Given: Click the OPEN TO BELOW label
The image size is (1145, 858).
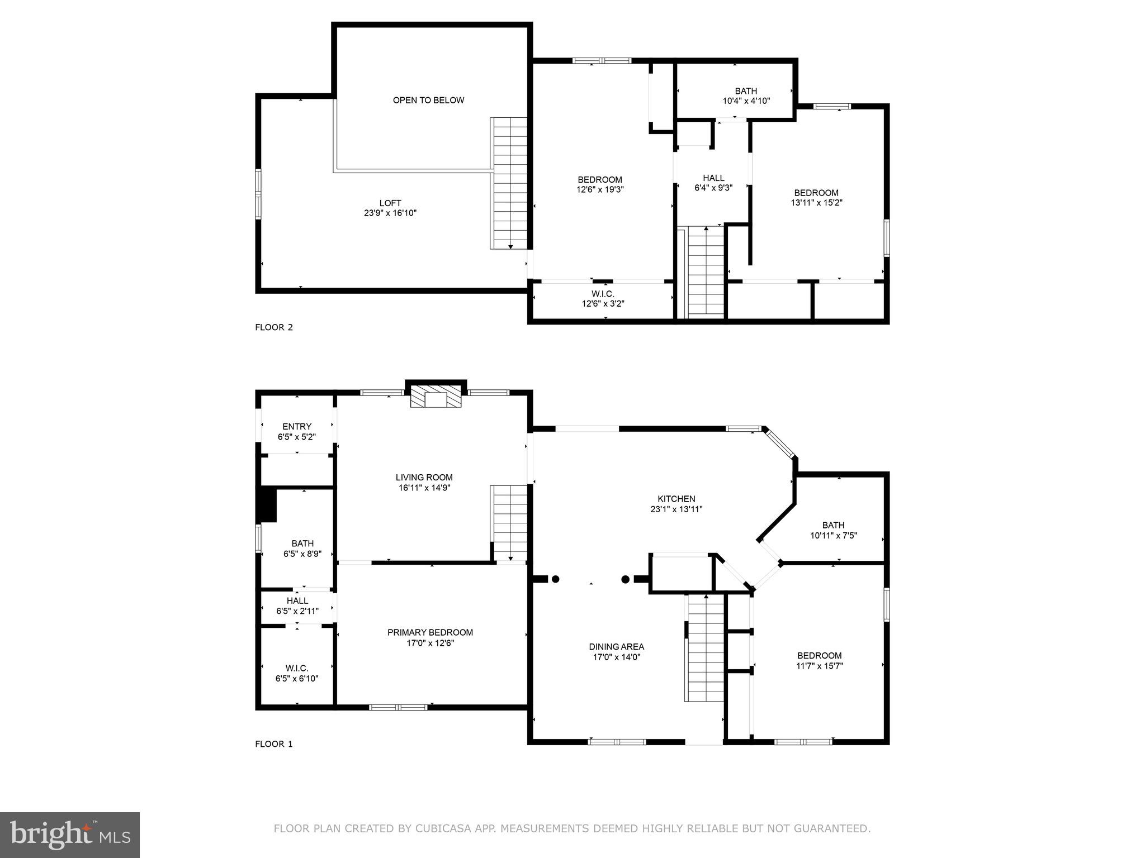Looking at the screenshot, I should coord(428,101).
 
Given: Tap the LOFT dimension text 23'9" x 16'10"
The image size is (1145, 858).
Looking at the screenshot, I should coord(390,213).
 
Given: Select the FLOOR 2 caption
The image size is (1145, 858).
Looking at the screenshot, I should coord(274,327).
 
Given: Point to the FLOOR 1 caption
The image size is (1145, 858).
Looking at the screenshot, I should coord(274,744).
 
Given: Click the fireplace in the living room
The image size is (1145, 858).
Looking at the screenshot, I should coord(436,398).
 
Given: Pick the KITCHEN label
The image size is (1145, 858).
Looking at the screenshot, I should coord(676,499).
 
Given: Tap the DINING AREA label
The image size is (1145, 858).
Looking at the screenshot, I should coord(616,647).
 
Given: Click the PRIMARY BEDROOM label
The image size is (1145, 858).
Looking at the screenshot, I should coord(430,632).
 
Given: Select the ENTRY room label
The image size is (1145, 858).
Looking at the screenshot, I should coord(297,427).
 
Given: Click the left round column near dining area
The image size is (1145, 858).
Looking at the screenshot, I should coord(555,579).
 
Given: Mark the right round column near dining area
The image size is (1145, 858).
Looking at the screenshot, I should coord(626,579).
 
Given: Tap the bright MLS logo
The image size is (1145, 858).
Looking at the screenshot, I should coord(70,835).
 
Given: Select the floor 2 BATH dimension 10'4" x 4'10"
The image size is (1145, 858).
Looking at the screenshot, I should coord(746,101).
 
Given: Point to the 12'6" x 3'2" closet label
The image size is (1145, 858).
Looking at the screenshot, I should coord(603,304).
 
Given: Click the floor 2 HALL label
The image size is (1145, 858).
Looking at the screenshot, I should coord(713,178).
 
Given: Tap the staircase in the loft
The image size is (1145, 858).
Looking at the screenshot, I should coord(509,183).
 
